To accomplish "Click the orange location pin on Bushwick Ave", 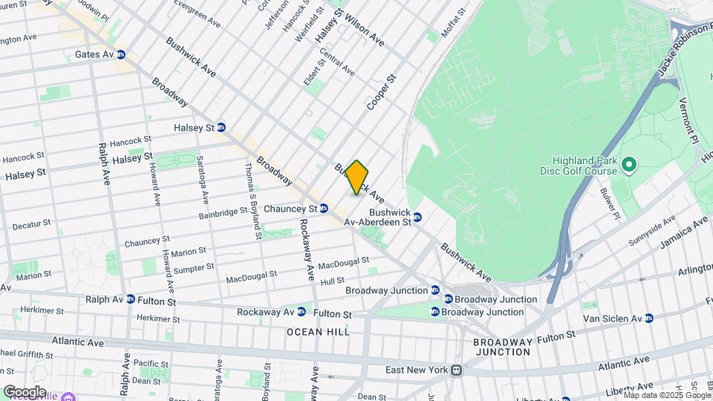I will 357,177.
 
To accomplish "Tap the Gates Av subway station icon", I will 120,55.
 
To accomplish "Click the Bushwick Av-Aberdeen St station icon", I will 417,217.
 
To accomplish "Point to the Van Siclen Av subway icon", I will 648,318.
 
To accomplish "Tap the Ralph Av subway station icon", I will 131,299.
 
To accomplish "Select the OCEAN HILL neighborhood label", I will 318,332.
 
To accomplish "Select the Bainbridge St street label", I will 223,212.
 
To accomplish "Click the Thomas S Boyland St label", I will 252,200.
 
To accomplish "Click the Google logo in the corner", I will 25,391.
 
